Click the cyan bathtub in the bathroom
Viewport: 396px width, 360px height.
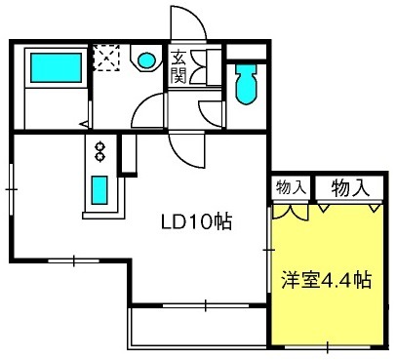point(56,67)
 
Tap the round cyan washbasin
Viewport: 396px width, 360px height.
point(146,60)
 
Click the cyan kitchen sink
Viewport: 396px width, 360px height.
point(99,190)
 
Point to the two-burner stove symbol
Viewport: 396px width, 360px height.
point(100,151)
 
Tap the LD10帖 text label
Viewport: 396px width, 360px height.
point(197,222)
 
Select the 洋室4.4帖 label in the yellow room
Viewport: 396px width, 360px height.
point(327,280)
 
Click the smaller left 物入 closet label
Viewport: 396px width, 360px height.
point(291,187)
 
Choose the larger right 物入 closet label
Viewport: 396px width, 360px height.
point(350,188)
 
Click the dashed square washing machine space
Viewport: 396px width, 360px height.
point(106,58)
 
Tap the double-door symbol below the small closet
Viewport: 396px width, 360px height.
point(290,211)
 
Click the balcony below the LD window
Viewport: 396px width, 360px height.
point(198,328)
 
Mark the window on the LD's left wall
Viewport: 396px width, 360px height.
point(12,189)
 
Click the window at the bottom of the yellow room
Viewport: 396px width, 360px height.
point(328,347)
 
